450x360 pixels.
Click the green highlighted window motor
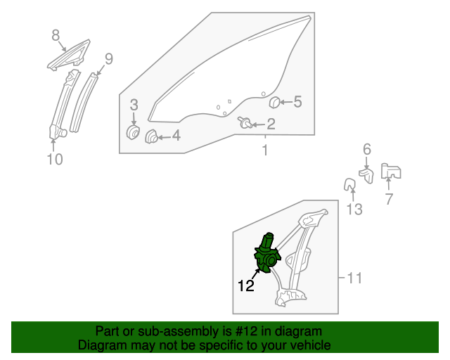click(x=267, y=254)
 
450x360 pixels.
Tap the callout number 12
click(x=246, y=285)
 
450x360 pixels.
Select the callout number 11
click(x=354, y=278)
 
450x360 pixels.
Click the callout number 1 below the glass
click(x=265, y=150)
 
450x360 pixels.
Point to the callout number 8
click(x=56, y=35)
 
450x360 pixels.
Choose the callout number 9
click(x=109, y=59)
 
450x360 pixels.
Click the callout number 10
click(x=55, y=159)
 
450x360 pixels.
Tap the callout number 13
click(x=354, y=210)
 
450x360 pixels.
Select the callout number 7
click(x=389, y=199)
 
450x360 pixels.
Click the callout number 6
click(x=367, y=149)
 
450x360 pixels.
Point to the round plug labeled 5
click(x=275, y=102)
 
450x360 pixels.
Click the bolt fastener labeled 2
click(x=245, y=122)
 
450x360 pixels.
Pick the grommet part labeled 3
click(x=133, y=132)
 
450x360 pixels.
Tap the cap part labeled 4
click(x=151, y=136)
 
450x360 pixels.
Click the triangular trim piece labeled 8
click(x=69, y=56)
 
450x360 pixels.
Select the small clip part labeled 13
click(x=349, y=184)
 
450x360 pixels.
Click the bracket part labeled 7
click(x=391, y=171)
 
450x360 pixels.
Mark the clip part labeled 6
click(x=366, y=175)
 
